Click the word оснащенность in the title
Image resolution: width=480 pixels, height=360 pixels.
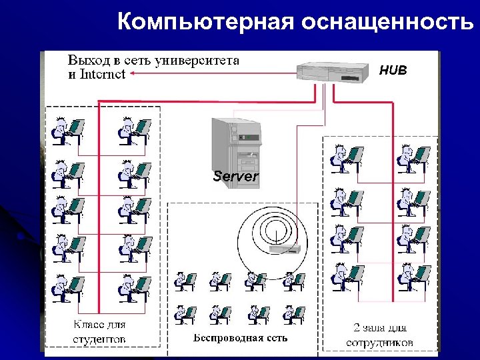pos(388,22)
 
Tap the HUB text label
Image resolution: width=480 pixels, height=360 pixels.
pos(393,70)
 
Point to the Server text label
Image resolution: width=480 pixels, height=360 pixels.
pos(235,177)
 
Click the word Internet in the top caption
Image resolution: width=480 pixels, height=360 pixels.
pos(102,74)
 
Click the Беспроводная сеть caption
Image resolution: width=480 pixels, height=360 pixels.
pos(241,337)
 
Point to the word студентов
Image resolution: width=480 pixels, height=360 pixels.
pos(99,339)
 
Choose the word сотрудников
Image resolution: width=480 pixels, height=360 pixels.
pos(380,342)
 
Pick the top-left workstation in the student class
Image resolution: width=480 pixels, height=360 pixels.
pos(67,130)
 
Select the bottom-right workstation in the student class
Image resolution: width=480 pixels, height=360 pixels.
pos(133,289)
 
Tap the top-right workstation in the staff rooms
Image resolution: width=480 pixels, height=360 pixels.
pos(412,158)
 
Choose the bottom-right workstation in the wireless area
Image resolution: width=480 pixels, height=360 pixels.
pos(293,313)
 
